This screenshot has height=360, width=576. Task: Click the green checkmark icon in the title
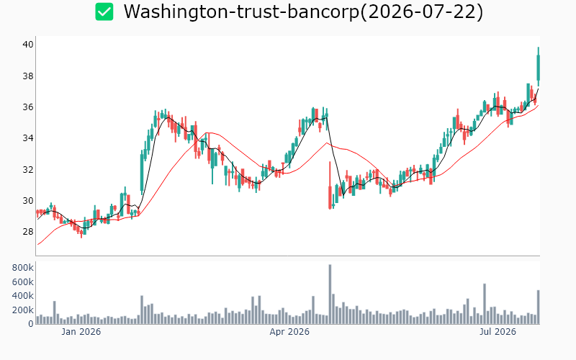click(104, 12)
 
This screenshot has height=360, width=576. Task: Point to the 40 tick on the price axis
click(28, 45)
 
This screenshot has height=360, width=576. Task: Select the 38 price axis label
click(28, 76)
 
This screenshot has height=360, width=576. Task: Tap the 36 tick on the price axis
click(28, 107)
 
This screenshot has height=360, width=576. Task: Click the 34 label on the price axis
click(28, 138)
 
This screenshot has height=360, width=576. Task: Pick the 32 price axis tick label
click(28, 169)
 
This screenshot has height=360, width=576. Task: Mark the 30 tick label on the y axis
click(28, 201)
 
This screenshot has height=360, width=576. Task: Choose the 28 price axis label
click(28, 232)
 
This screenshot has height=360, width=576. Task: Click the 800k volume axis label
click(23, 268)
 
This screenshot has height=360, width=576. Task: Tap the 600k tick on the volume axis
click(23, 282)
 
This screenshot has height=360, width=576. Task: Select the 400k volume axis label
click(23, 296)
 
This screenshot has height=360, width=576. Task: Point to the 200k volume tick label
click(23, 310)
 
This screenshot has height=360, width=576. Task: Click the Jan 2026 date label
click(81, 332)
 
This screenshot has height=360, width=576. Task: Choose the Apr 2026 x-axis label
click(289, 332)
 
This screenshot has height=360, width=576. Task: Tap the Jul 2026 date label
click(498, 332)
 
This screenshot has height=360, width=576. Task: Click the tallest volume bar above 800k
click(330, 294)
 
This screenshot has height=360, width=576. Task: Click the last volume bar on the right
click(539, 307)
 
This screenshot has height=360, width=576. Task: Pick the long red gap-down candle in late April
click(330, 186)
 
